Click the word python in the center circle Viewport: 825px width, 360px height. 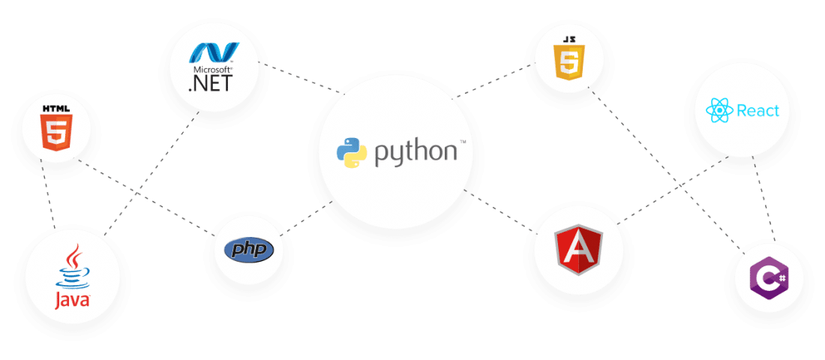point(415,152)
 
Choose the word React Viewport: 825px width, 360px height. point(757,111)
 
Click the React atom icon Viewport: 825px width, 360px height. point(718,112)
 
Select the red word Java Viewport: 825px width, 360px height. point(73,300)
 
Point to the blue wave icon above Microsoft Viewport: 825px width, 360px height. point(213,52)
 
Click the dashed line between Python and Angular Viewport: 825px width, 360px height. point(499,211)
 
